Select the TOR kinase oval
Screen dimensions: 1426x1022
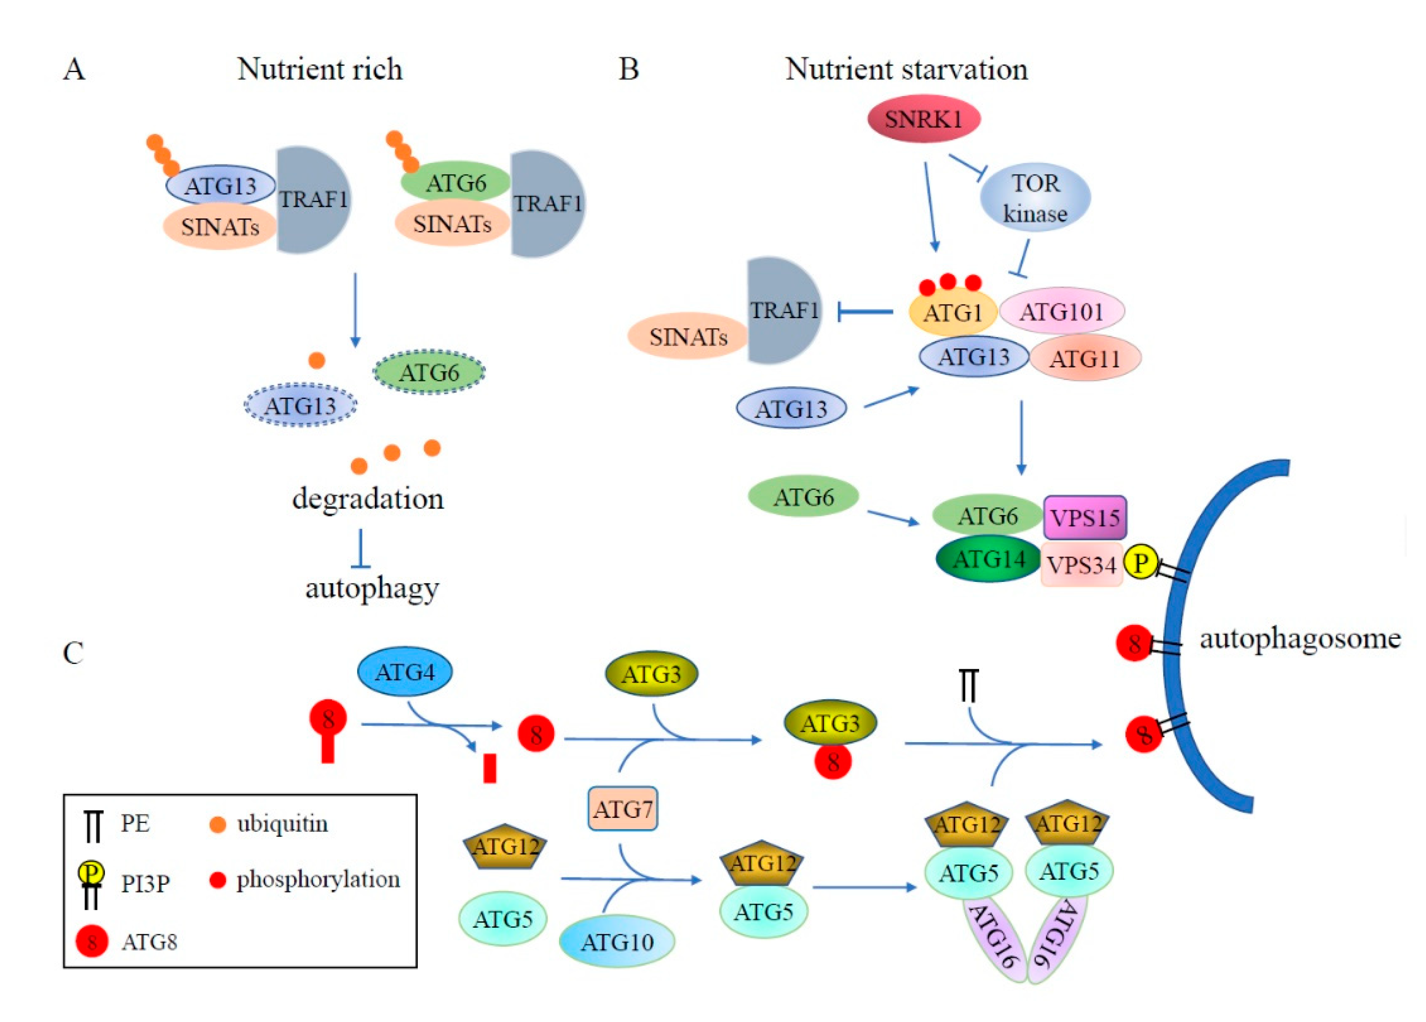(x=1035, y=198)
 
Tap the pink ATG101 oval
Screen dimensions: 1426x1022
(x=1061, y=311)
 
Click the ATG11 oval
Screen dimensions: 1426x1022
(x=1085, y=358)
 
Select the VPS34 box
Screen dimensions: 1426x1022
(x=1082, y=564)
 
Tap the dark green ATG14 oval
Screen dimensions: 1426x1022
(x=988, y=558)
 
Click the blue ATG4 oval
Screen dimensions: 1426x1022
(x=405, y=672)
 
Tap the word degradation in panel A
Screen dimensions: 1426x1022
(x=368, y=499)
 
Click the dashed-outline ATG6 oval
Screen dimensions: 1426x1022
(x=429, y=372)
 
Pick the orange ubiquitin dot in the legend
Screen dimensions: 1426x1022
(x=217, y=824)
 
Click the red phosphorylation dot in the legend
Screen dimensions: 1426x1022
(x=217, y=880)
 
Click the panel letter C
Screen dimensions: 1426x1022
(x=73, y=653)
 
